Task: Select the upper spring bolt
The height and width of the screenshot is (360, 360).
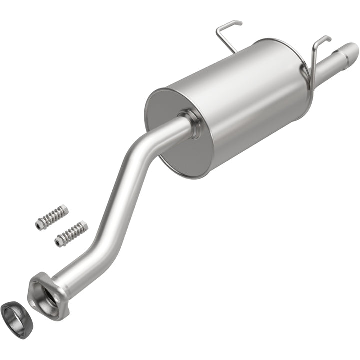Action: [52, 217]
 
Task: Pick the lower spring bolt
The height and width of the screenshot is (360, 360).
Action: [71, 233]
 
